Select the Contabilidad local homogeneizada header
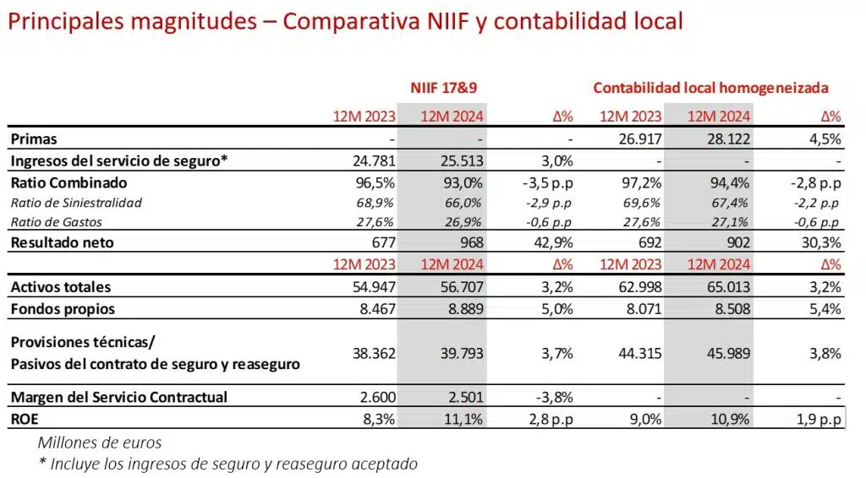pos(710,87)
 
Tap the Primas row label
pos(34,139)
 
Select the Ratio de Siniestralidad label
pos(75,203)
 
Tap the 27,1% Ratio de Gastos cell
pos(730,222)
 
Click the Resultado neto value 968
pos(469,243)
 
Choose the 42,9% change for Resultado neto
pos(556,243)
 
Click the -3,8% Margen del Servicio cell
pos(554,398)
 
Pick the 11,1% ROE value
pos(464,418)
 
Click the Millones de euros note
pos(99,442)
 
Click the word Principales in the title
pos(59,21)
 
